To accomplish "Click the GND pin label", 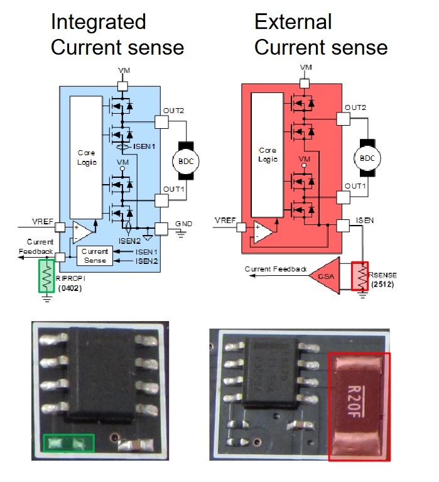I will click(x=184, y=224).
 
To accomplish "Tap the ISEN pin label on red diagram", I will click(x=364, y=221).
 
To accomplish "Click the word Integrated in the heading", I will click(x=98, y=22).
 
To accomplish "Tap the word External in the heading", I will click(x=292, y=22).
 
